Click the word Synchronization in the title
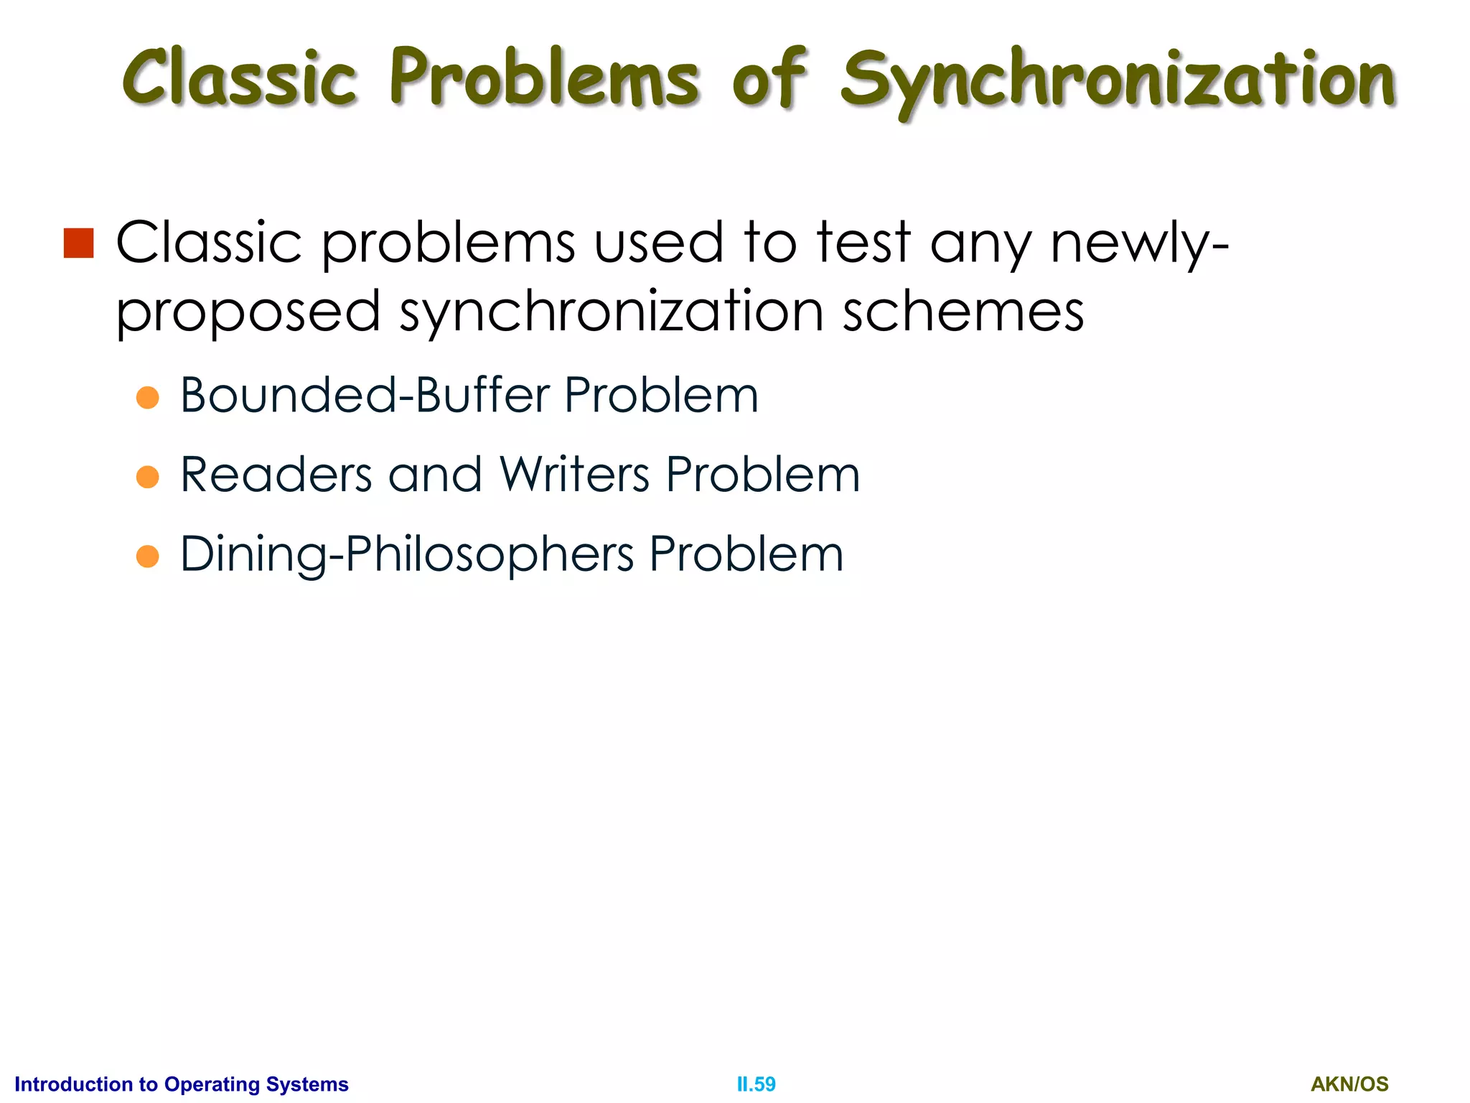[x=1118, y=80]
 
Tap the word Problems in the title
[x=544, y=78]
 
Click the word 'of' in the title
[x=769, y=78]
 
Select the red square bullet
[x=78, y=243]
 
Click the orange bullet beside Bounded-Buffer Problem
[x=147, y=397]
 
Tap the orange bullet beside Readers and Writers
[x=147, y=477]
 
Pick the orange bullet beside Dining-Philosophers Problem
[x=147, y=556]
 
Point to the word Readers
[x=276, y=475]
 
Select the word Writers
[x=574, y=475]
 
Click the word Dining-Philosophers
[x=406, y=554]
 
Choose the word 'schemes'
[x=963, y=312]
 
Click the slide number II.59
[x=756, y=1084]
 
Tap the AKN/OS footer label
[x=1349, y=1084]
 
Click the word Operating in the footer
[x=211, y=1084]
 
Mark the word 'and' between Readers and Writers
[x=435, y=475]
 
